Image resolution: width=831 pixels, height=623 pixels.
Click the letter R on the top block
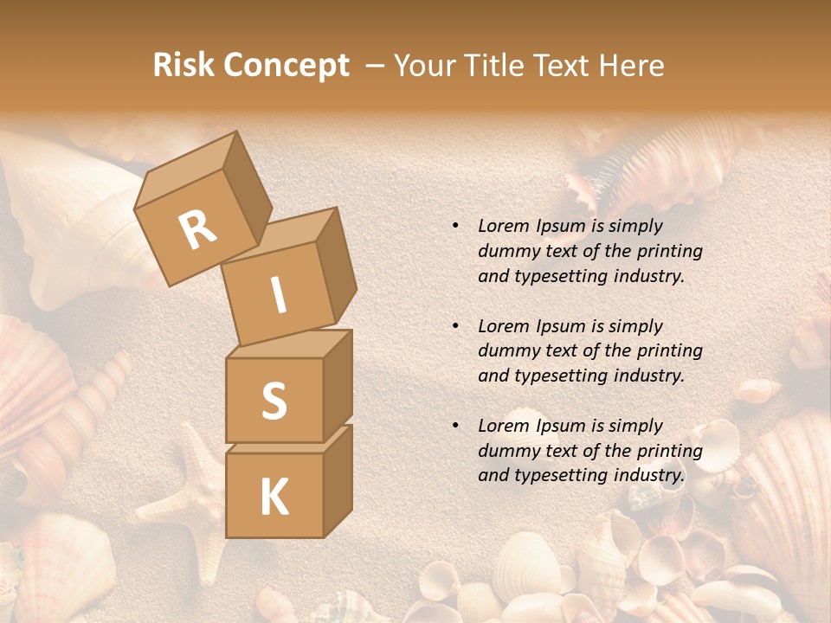tap(198, 229)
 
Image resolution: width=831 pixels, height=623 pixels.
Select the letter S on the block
tap(274, 401)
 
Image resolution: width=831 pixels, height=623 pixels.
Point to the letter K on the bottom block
tap(274, 498)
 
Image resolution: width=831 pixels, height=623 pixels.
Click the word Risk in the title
tap(184, 66)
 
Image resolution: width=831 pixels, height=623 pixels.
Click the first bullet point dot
tap(455, 227)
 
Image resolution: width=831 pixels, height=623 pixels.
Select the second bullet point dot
tap(455, 326)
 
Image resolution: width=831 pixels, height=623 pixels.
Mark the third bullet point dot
tap(455, 426)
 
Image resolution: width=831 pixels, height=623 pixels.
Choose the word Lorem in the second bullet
tap(504, 326)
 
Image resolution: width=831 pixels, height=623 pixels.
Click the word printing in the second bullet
tap(669, 351)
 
